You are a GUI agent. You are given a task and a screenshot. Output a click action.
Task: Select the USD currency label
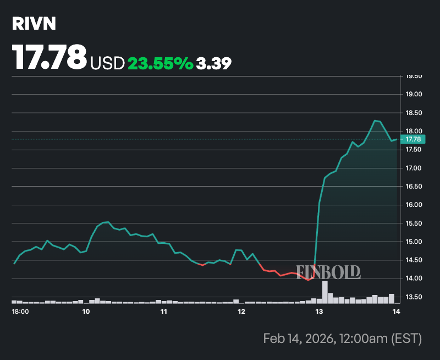(108, 63)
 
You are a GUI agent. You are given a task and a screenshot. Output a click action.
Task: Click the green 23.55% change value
(160, 63)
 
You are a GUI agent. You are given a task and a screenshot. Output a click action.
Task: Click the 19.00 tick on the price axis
(414, 94)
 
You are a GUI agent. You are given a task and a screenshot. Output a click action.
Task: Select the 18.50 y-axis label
(414, 113)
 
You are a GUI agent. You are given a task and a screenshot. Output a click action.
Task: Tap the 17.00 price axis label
(414, 168)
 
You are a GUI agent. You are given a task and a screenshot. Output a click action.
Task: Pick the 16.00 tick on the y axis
(414, 205)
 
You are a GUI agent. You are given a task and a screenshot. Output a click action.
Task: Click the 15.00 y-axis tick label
(414, 242)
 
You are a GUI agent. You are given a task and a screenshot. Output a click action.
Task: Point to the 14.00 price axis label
(414, 279)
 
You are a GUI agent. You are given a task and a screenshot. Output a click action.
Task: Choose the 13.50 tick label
(414, 297)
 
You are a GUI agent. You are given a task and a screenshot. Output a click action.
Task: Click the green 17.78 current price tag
(413, 139)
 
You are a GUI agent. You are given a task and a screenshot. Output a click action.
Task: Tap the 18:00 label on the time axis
(21, 312)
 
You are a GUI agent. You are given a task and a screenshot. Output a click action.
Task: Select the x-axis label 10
(86, 312)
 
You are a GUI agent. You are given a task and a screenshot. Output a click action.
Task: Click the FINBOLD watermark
(329, 271)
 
